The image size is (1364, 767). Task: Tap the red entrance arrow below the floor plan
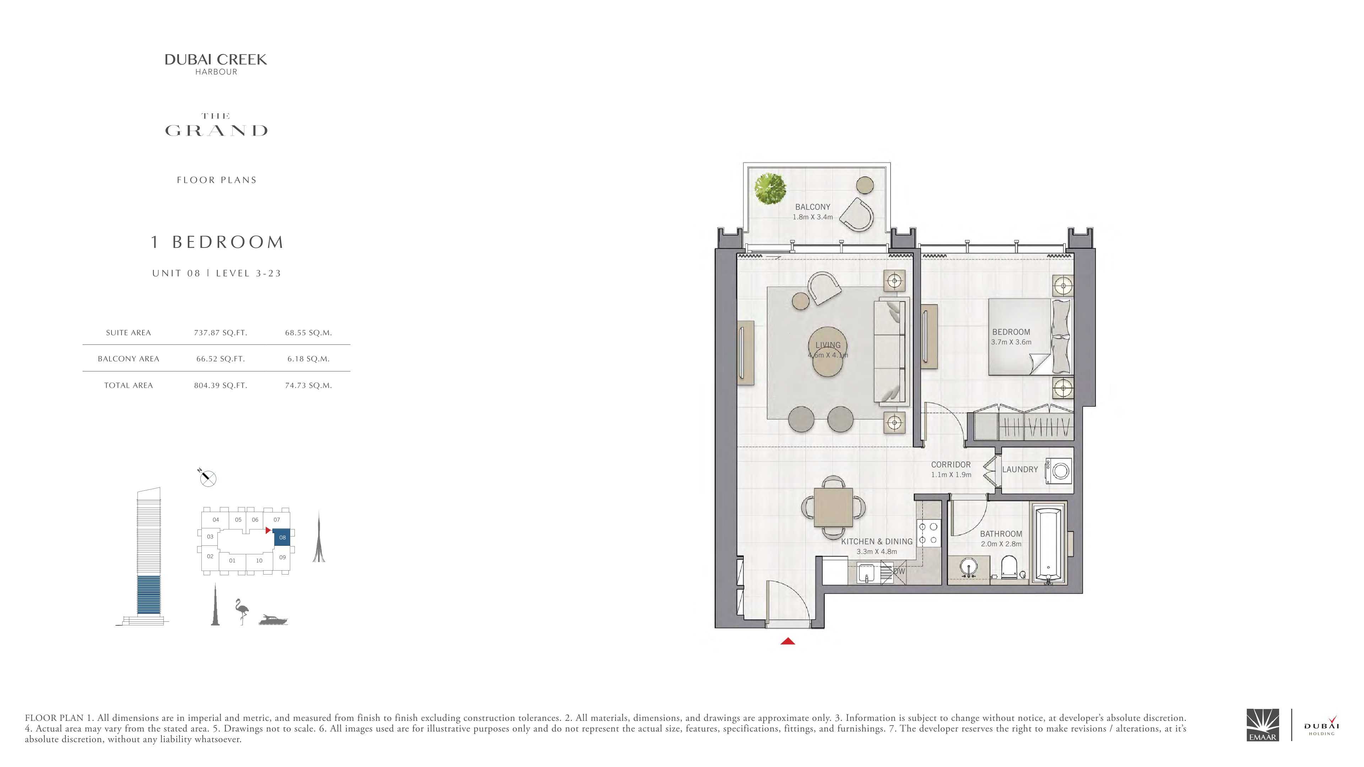pyautogui.click(x=788, y=641)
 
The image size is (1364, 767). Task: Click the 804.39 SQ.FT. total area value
pyautogui.click(x=220, y=385)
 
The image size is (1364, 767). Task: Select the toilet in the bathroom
pyautogui.click(x=1009, y=567)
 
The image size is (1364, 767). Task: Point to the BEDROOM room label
pyautogui.click(x=1011, y=332)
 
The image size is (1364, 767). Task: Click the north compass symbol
pyautogui.click(x=207, y=478)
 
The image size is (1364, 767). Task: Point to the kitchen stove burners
pyautogui.click(x=928, y=534)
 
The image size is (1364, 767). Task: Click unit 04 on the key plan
pyautogui.click(x=216, y=520)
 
